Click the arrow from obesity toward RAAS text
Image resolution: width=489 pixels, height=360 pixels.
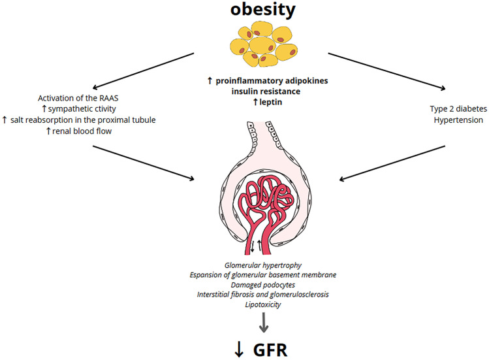pos(144,71)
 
